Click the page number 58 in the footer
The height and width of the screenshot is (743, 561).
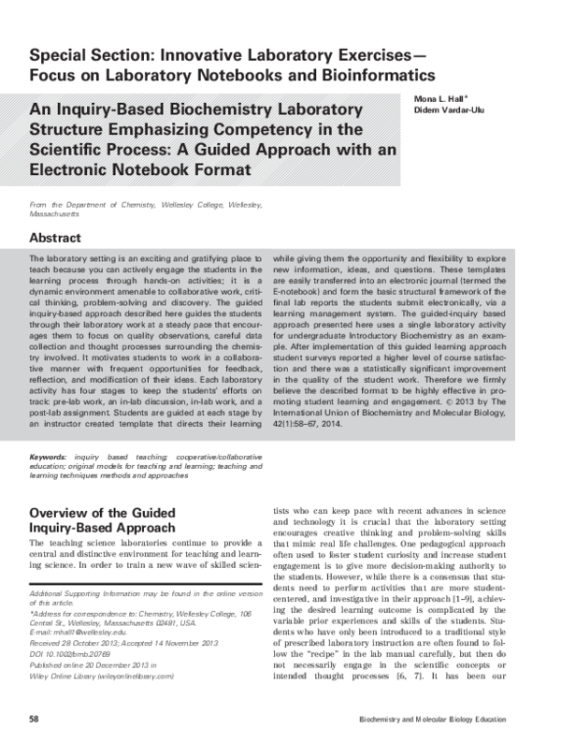tap(35, 718)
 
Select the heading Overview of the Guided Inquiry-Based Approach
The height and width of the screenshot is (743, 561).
tap(103, 520)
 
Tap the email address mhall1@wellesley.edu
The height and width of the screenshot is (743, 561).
tap(85, 606)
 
